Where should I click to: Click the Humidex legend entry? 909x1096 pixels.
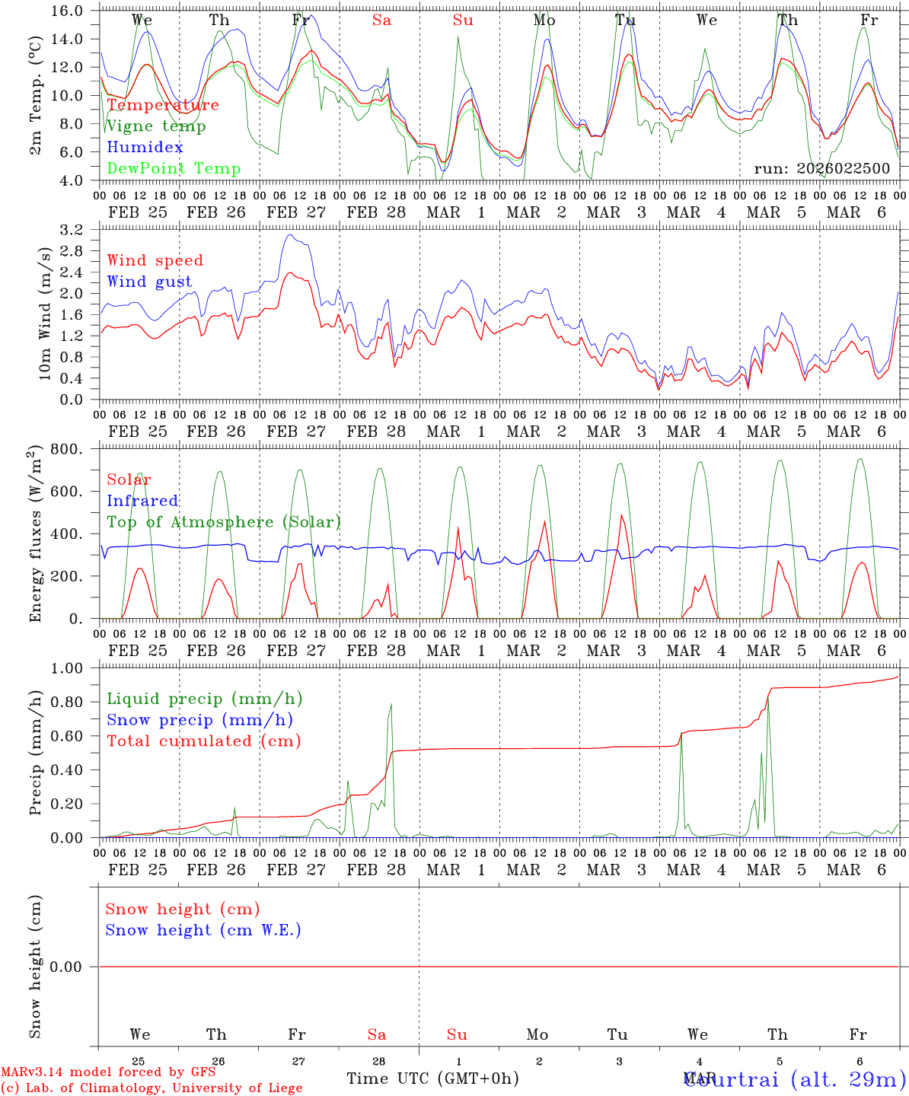145,148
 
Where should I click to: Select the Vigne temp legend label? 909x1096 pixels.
156,126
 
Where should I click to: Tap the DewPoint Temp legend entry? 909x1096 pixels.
174,169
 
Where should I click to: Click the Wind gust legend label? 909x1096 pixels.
149,282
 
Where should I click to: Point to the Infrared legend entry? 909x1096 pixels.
142,501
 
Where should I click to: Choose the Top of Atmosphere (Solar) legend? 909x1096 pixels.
223,522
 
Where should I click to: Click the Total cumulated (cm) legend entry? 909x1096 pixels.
203,741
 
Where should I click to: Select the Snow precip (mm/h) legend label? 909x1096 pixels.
199,720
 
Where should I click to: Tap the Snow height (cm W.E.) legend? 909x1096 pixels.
203,930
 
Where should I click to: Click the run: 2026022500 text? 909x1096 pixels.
821,169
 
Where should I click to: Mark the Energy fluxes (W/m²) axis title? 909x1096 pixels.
35,535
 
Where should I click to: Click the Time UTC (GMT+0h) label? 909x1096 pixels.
432,1078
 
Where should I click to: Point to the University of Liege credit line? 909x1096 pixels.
151,1088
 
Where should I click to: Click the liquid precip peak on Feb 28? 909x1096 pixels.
391,704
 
